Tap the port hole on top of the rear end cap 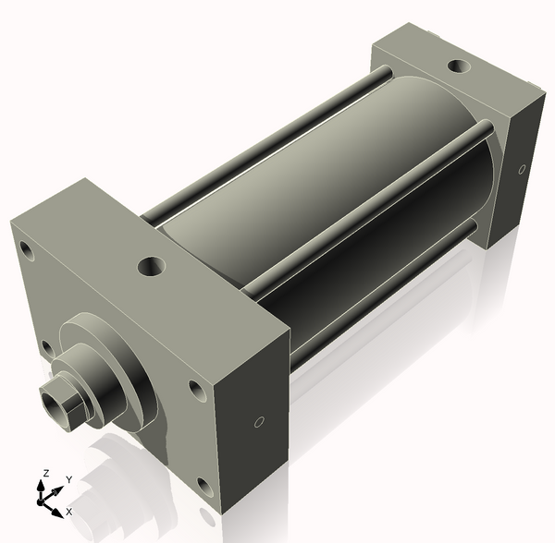(458, 66)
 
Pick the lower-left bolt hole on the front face (46, 347)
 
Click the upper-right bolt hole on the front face (196, 390)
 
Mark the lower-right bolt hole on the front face (203, 483)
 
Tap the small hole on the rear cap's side (522, 170)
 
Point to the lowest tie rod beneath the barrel (388, 305)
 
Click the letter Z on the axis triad (45, 473)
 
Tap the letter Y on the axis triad (68, 479)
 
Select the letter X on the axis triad (68, 511)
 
